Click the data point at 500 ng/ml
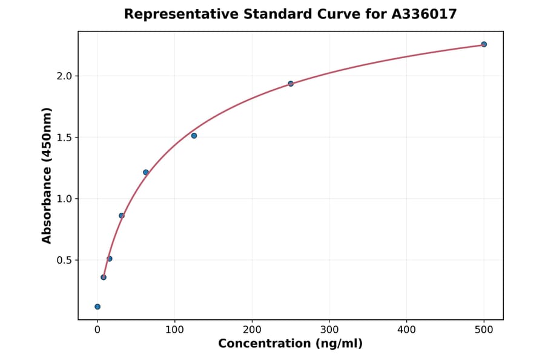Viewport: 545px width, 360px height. point(484,44)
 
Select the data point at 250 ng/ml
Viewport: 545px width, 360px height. point(291,84)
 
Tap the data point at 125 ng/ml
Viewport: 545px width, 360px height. point(194,136)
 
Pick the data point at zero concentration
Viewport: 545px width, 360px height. point(97,307)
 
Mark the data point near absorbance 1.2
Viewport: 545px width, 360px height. point(146,172)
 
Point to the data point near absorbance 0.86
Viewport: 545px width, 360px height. point(122,216)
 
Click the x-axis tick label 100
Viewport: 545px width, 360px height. point(174,330)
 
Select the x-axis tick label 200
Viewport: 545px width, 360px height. point(252,330)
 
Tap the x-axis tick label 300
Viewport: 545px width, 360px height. point(329,330)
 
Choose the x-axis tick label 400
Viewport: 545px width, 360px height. point(406,330)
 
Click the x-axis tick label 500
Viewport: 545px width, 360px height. point(484,330)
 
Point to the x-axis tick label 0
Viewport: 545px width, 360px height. point(97,330)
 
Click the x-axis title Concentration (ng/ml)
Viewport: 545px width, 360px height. point(290,344)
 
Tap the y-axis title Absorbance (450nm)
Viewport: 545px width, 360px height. point(47,176)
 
